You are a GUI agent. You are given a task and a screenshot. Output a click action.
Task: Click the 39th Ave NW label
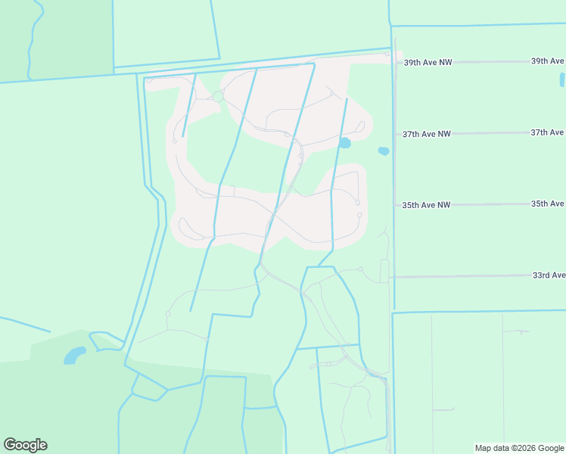click(x=428, y=62)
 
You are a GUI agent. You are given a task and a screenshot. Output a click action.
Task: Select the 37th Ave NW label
click(x=426, y=134)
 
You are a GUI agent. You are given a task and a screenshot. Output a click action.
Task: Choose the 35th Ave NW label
click(x=426, y=205)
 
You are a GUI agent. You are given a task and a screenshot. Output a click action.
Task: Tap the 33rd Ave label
click(x=549, y=275)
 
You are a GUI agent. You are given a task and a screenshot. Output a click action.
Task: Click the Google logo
click(x=25, y=445)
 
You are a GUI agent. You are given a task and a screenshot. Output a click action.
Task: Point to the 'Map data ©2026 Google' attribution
click(x=519, y=448)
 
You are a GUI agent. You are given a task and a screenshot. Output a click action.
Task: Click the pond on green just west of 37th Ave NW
click(x=384, y=151)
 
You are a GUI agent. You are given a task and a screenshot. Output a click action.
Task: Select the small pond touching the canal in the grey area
click(x=344, y=142)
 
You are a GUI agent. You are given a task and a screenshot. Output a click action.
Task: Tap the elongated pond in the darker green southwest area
click(x=74, y=355)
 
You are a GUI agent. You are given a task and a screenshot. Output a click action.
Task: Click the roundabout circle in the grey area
click(x=218, y=97)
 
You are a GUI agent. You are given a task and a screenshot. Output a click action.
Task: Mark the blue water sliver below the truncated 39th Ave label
click(x=561, y=79)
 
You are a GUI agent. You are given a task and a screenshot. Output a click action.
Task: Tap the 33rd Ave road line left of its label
click(x=462, y=277)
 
